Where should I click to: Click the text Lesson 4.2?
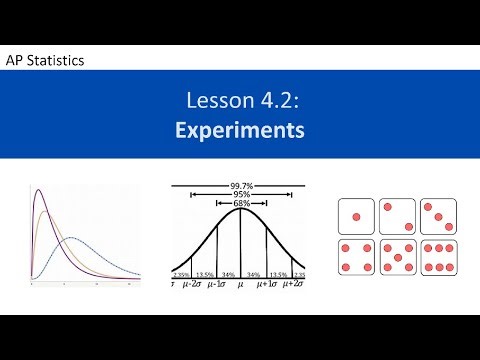click(240, 100)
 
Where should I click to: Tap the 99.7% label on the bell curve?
click(239, 185)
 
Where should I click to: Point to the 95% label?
click(239, 196)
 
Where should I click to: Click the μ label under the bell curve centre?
click(240, 284)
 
